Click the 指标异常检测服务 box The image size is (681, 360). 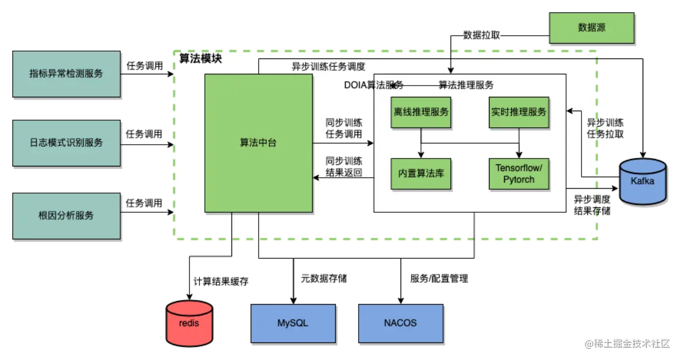[x=67, y=74]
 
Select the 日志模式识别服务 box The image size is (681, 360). [x=67, y=143]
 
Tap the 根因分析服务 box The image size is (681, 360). [x=67, y=215]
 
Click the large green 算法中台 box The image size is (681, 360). [x=259, y=143]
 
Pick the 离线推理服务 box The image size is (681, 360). [x=421, y=112]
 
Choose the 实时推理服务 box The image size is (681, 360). [x=519, y=112]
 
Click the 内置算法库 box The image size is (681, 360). [x=421, y=174]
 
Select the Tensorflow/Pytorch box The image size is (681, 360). [x=519, y=174]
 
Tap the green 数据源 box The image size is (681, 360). [x=592, y=28]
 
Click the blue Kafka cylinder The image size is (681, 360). [x=643, y=181]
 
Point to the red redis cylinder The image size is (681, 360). [x=189, y=323]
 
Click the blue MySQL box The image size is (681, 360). [x=293, y=323]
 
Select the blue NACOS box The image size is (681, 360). [x=400, y=323]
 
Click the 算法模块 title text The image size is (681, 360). [x=201, y=58]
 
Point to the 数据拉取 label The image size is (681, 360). [x=481, y=36]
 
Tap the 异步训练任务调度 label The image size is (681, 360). [x=328, y=67]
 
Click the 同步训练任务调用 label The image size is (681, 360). [x=344, y=128]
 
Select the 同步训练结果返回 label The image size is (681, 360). [x=344, y=166]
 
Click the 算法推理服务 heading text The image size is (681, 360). [x=466, y=85]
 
